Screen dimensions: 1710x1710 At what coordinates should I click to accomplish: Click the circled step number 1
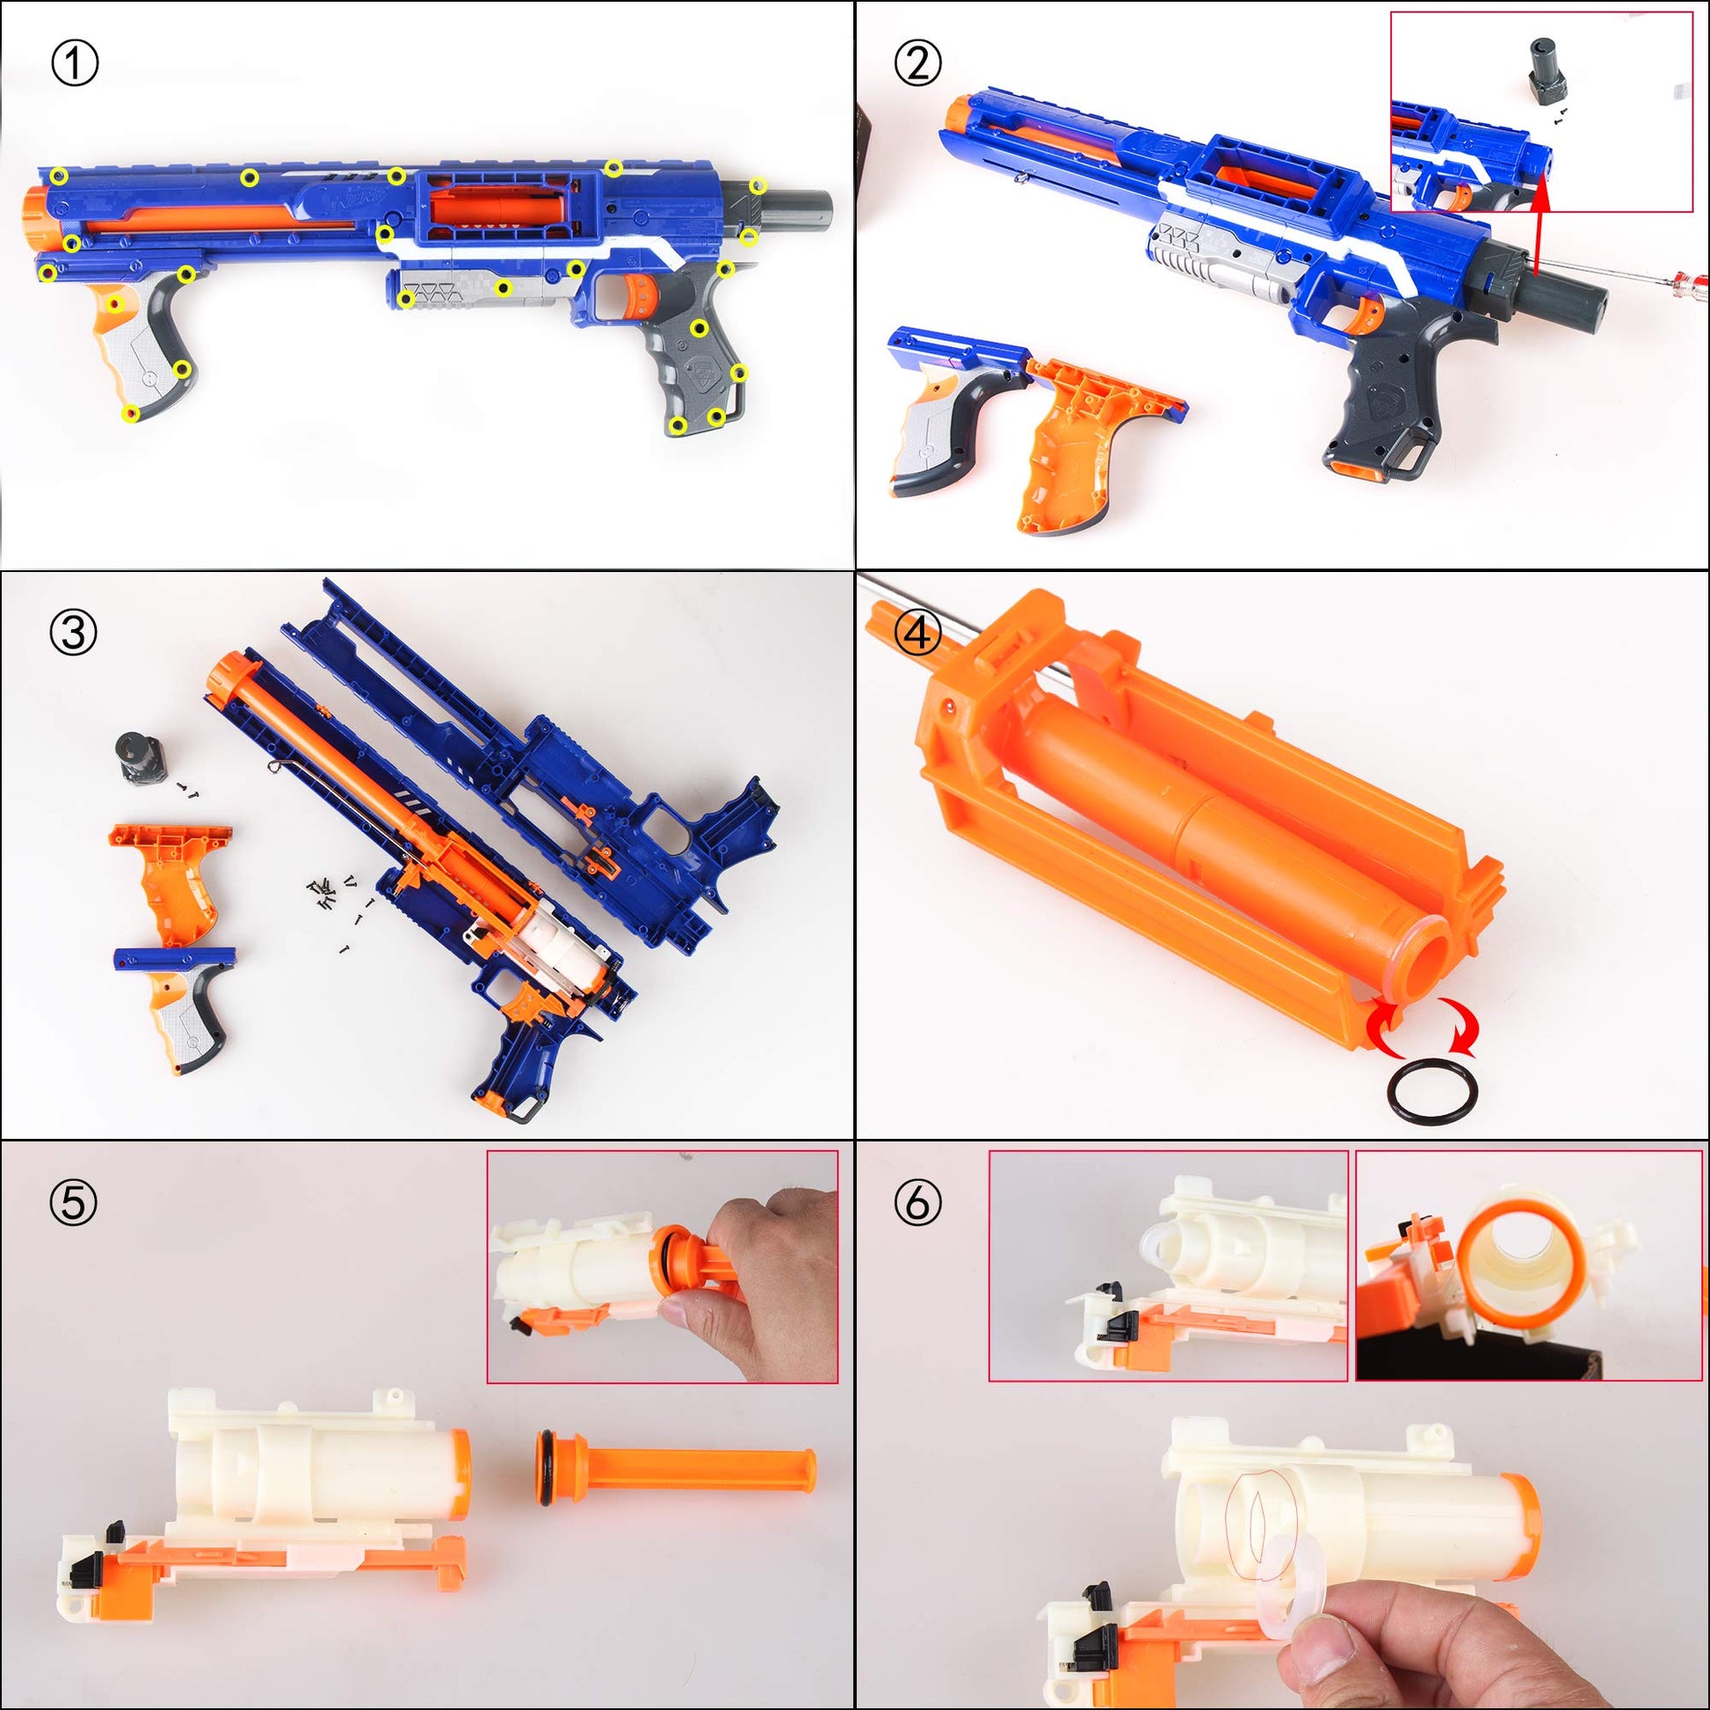[x=75, y=64]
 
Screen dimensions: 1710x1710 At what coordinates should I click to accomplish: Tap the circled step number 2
[x=918, y=64]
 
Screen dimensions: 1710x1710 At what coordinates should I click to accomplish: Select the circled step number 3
[x=74, y=634]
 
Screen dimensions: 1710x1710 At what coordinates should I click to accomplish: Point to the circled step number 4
[x=918, y=634]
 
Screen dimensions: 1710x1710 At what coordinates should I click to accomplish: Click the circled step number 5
[x=74, y=1203]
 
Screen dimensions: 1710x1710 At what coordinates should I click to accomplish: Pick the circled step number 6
[x=918, y=1203]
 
